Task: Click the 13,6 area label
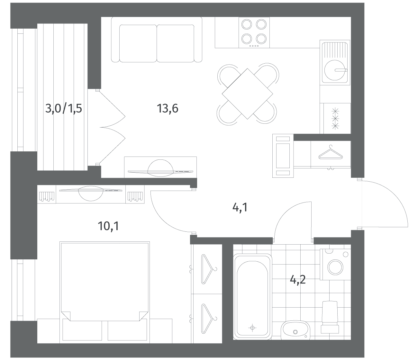168,109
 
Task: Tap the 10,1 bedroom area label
108,226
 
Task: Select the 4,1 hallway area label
240,208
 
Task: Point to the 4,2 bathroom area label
298,280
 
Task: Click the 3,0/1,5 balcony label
63,109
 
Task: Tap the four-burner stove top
254,32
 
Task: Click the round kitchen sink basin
335,70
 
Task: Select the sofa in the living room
157,40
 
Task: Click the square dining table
247,94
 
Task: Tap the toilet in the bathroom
330,320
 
